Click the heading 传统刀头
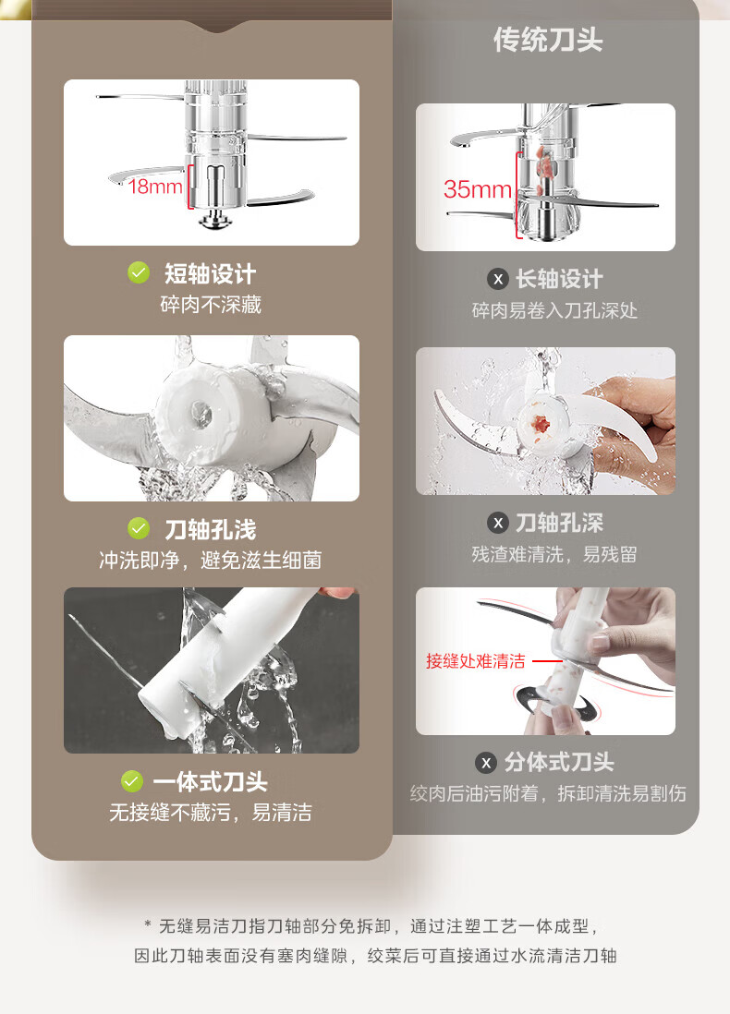[x=548, y=40]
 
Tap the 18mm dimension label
[x=154, y=187]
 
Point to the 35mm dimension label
[x=477, y=189]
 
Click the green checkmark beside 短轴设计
[x=139, y=273]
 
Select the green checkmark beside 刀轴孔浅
[x=139, y=528]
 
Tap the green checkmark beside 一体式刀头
[x=132, y=781]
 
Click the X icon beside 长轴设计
[x=498, y=280]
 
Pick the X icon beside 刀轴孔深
[x=498, y=523]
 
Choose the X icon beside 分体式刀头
[x=486, y=763]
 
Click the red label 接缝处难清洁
[x=476, y=661]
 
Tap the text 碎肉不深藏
[x=211, y=305]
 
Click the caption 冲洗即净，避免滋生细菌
[x=211, y=560]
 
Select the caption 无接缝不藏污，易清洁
[x=211, y=813]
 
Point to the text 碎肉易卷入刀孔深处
[x=554, y=310]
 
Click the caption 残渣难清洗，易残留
[x=554, y=554]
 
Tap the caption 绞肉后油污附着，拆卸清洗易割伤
[x=548, y=793]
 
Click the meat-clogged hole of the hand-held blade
[x=541, y=424]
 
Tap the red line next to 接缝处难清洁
[x=547, y=661]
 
